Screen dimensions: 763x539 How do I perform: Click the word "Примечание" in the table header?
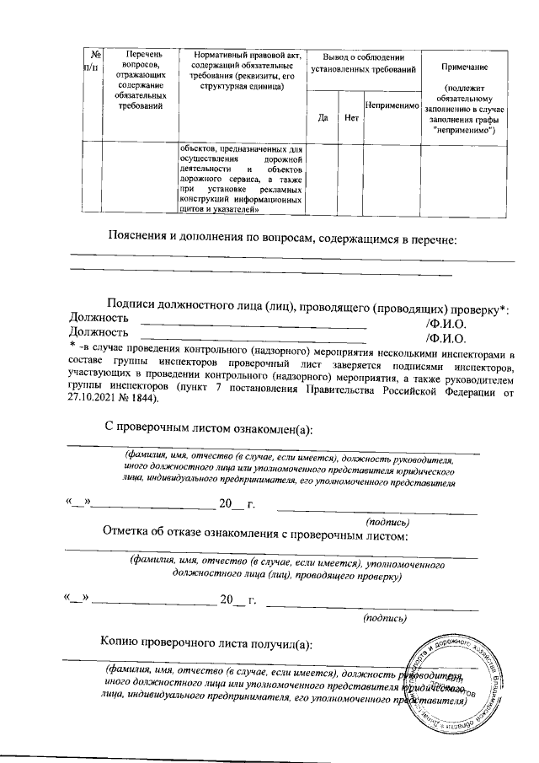tap(463, 67)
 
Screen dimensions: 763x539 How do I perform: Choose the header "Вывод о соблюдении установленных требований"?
tap(364, 61)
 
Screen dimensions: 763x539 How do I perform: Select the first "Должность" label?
tap(98, 319)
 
